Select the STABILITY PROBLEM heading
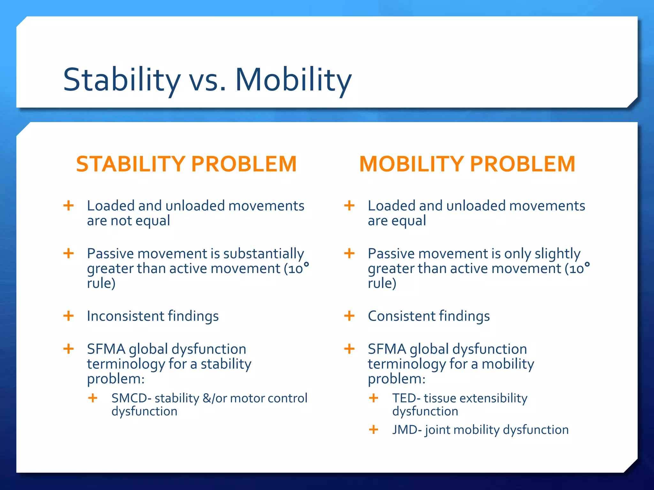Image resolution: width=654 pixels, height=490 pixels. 186,164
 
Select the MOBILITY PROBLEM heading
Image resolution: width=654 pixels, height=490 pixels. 467,164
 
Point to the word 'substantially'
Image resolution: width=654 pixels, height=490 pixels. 263,254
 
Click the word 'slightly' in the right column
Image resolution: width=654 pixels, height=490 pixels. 557,254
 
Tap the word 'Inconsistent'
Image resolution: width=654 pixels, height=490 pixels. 125,316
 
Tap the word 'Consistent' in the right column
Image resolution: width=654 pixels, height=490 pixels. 401,316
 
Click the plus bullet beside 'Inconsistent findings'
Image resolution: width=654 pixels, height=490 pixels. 69,316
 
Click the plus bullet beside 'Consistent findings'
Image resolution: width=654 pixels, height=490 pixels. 349,316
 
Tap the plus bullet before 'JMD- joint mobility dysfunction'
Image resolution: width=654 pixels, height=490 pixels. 374,429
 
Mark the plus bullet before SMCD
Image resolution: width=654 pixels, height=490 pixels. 93,398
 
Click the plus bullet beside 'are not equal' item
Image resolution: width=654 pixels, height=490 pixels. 69,205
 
